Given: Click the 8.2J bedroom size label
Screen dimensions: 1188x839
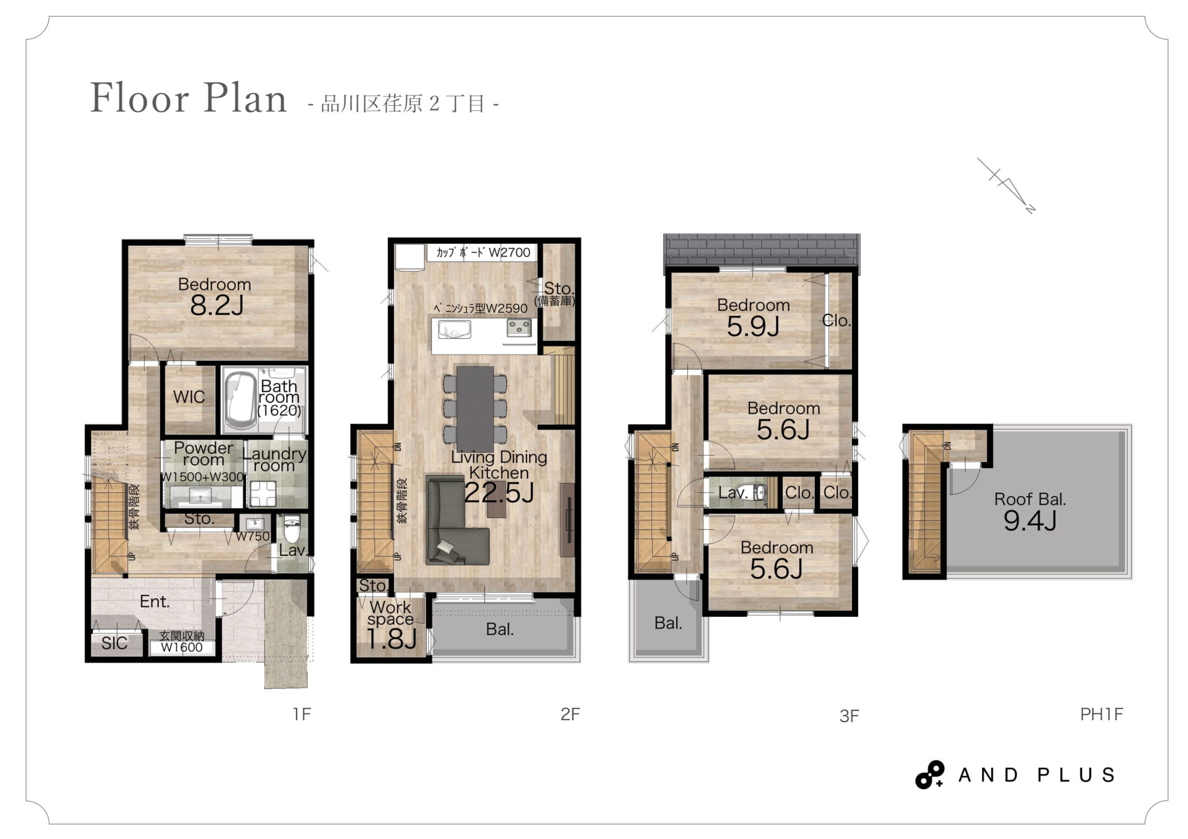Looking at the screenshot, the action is click(x=217, y=305).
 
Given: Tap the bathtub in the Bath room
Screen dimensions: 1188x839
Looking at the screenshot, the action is click(x=240, y=400).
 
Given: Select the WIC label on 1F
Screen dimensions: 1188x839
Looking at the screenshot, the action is click(x=189, y=397).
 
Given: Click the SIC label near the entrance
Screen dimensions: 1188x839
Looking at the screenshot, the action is click(x=114, y=643).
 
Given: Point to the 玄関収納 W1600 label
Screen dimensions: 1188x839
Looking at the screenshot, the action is click(x=182, y=642).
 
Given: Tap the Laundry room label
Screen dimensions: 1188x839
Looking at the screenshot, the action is click(x=274, y=459).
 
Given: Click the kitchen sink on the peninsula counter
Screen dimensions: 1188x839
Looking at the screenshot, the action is click(x=454, y=329).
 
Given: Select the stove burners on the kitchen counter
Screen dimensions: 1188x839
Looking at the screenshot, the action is click(x=519, y=328).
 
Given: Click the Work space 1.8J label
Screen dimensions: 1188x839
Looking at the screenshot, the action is click(x=391, y=625).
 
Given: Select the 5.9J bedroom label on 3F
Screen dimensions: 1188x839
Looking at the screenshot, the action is click(x=753, y=326).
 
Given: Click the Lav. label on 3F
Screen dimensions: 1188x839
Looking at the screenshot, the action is click(x=734, y=493).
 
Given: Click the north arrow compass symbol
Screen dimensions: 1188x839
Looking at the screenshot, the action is click(x=1006, y=185).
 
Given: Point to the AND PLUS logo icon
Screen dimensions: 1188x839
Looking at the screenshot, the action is click(x=930, y=775).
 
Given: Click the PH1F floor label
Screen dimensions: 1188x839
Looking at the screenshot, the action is click(x=1101, y=715).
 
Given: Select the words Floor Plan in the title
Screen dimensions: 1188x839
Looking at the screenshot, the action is click(x=189, y=98).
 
